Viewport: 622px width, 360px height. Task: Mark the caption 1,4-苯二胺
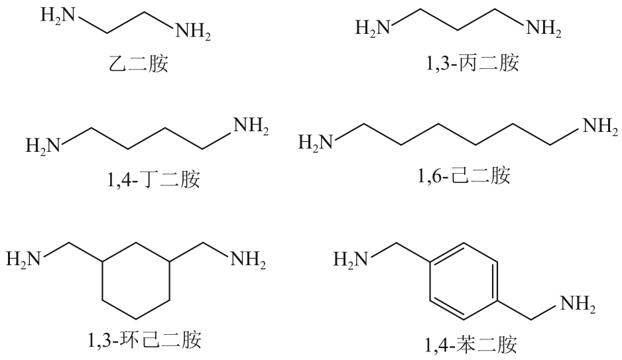(471, 345)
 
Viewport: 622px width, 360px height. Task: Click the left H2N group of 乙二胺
(59, 15)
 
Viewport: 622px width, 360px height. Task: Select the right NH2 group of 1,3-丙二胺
(543, 29)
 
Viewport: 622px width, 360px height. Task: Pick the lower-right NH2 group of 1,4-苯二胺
(578, 305)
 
